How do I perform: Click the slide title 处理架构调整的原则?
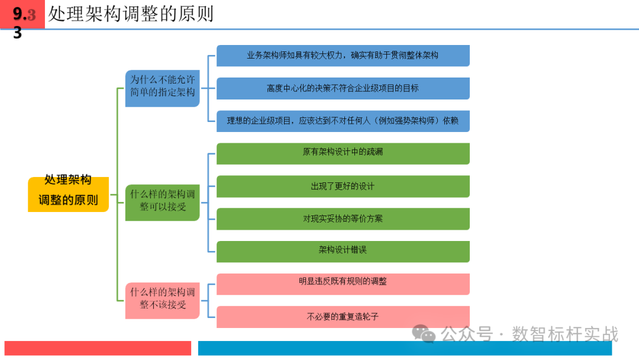coord(131,14)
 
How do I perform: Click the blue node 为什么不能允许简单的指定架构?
coord(162,88)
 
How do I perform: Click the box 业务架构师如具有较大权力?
coord(343,56)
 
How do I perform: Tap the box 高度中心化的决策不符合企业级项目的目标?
coord(343,88)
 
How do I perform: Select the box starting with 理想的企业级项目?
coord(343,121)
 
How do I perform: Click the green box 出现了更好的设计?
coord(343,186)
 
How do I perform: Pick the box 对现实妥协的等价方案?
coord(343,218)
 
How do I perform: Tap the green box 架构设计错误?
coord(343,251)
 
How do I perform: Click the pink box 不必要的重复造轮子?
coord(343,317)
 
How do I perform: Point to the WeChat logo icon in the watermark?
coord(424,334)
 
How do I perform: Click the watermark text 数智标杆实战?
coord(564,334)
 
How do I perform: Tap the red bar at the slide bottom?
coord(98,348)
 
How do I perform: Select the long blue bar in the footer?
coord(418,348)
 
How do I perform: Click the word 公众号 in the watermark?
coord(467,334)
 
